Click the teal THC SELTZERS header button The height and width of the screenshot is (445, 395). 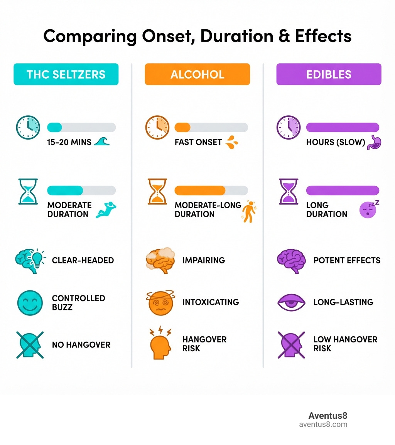pos(66,74)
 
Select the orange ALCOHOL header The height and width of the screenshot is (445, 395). pos(197,74)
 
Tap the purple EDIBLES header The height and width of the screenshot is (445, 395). pos(329,74)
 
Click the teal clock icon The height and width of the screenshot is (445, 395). pos(28,127)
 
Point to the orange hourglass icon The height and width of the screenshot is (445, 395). pos(157,191)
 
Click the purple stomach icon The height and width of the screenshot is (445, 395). pos(374,142)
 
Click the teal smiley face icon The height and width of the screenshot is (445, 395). pos(30,303)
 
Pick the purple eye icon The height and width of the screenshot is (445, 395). pos(291,302)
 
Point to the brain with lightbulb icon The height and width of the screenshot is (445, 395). pos(30,260)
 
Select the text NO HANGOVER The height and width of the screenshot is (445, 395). pos(81,345)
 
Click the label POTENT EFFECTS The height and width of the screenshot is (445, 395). pos(347,260)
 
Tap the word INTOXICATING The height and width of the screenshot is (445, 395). pos(210,302)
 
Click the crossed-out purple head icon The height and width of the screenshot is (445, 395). pos(291,345)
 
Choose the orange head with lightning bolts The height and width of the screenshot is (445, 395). pos(159,343)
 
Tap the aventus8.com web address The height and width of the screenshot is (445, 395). pos(323,425)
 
